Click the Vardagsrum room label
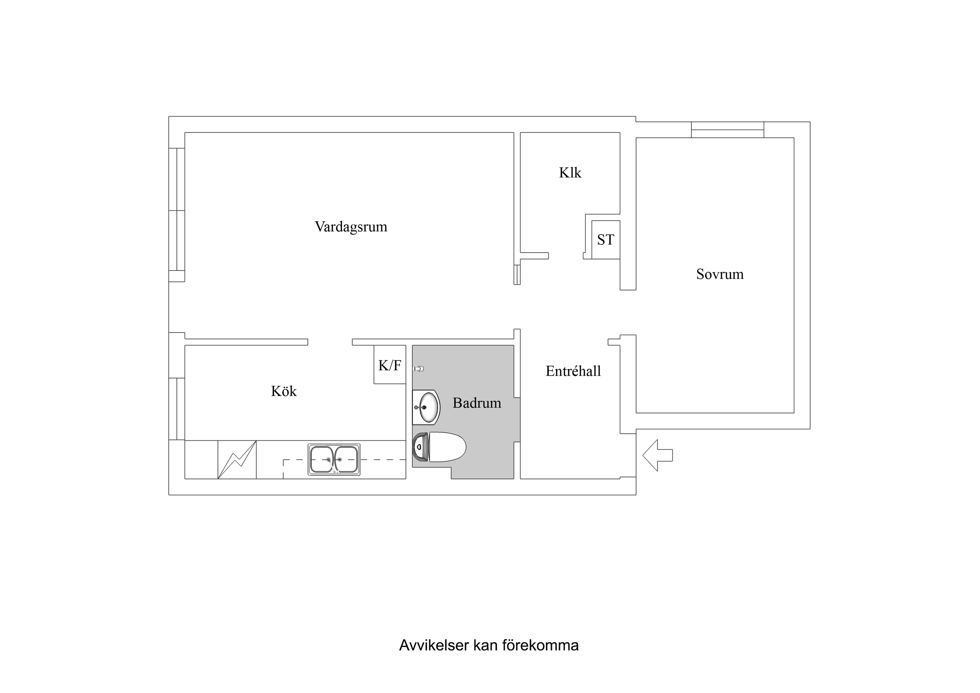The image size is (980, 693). point(351,227)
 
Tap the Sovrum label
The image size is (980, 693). point(720,274)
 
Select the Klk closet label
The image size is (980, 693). point(570,173)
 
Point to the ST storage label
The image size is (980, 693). point(605,240)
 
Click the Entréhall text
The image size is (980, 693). point(573,371)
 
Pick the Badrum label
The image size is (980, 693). point(477,403)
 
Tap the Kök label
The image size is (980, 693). point(284,391)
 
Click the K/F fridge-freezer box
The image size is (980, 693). point(390,365)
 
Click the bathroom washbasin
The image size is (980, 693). point(428,407)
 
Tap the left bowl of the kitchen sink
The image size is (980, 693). point(321,459)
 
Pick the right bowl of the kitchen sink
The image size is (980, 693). point(346,459)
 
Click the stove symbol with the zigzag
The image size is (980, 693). point(237,460)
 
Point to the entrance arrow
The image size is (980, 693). point(657,456)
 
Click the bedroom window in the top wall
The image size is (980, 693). point(727,130)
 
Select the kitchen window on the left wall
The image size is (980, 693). point(177,409)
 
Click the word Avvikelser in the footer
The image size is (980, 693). point(434,645)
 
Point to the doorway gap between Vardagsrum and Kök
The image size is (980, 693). point(330,342)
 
